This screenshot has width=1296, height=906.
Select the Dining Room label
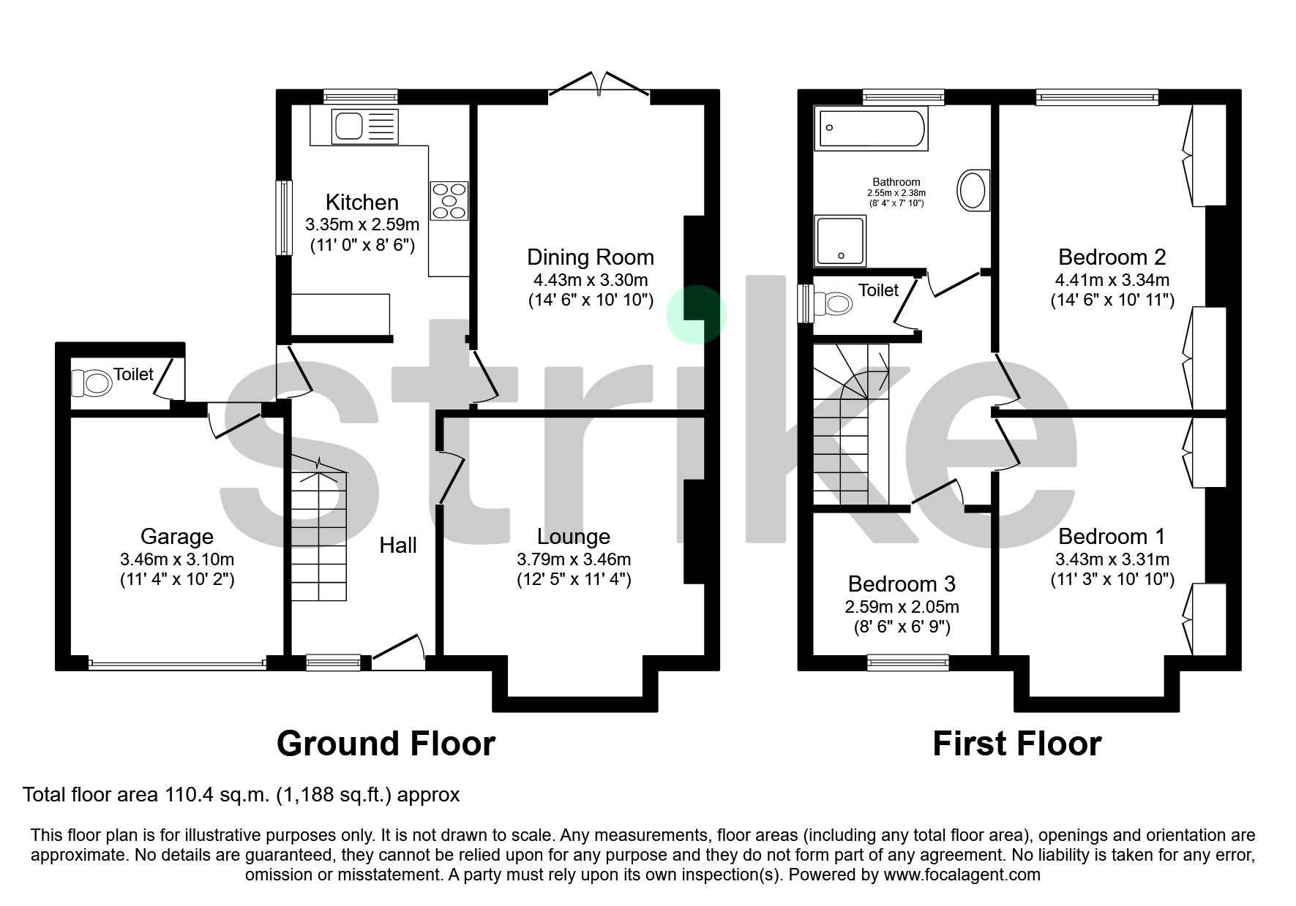pos(590,257)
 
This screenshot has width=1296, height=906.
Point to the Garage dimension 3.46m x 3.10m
pos(177,559)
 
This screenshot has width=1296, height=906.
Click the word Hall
pos(397,546)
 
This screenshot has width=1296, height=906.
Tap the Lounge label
pos(573,537)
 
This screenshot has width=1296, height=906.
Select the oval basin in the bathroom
pos(973,190)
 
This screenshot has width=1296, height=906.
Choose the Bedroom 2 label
pos(1112,257)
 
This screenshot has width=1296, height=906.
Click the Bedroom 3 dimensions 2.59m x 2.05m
pos(902,607)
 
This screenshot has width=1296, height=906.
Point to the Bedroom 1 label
pos(1111,537)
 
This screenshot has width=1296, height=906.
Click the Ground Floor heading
pos(386,744)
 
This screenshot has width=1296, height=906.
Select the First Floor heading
pos(1016,744)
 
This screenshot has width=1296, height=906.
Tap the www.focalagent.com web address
pos(962,875)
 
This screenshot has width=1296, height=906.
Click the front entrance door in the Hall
pos(398,651)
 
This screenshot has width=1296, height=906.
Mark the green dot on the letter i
pos(696,314)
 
